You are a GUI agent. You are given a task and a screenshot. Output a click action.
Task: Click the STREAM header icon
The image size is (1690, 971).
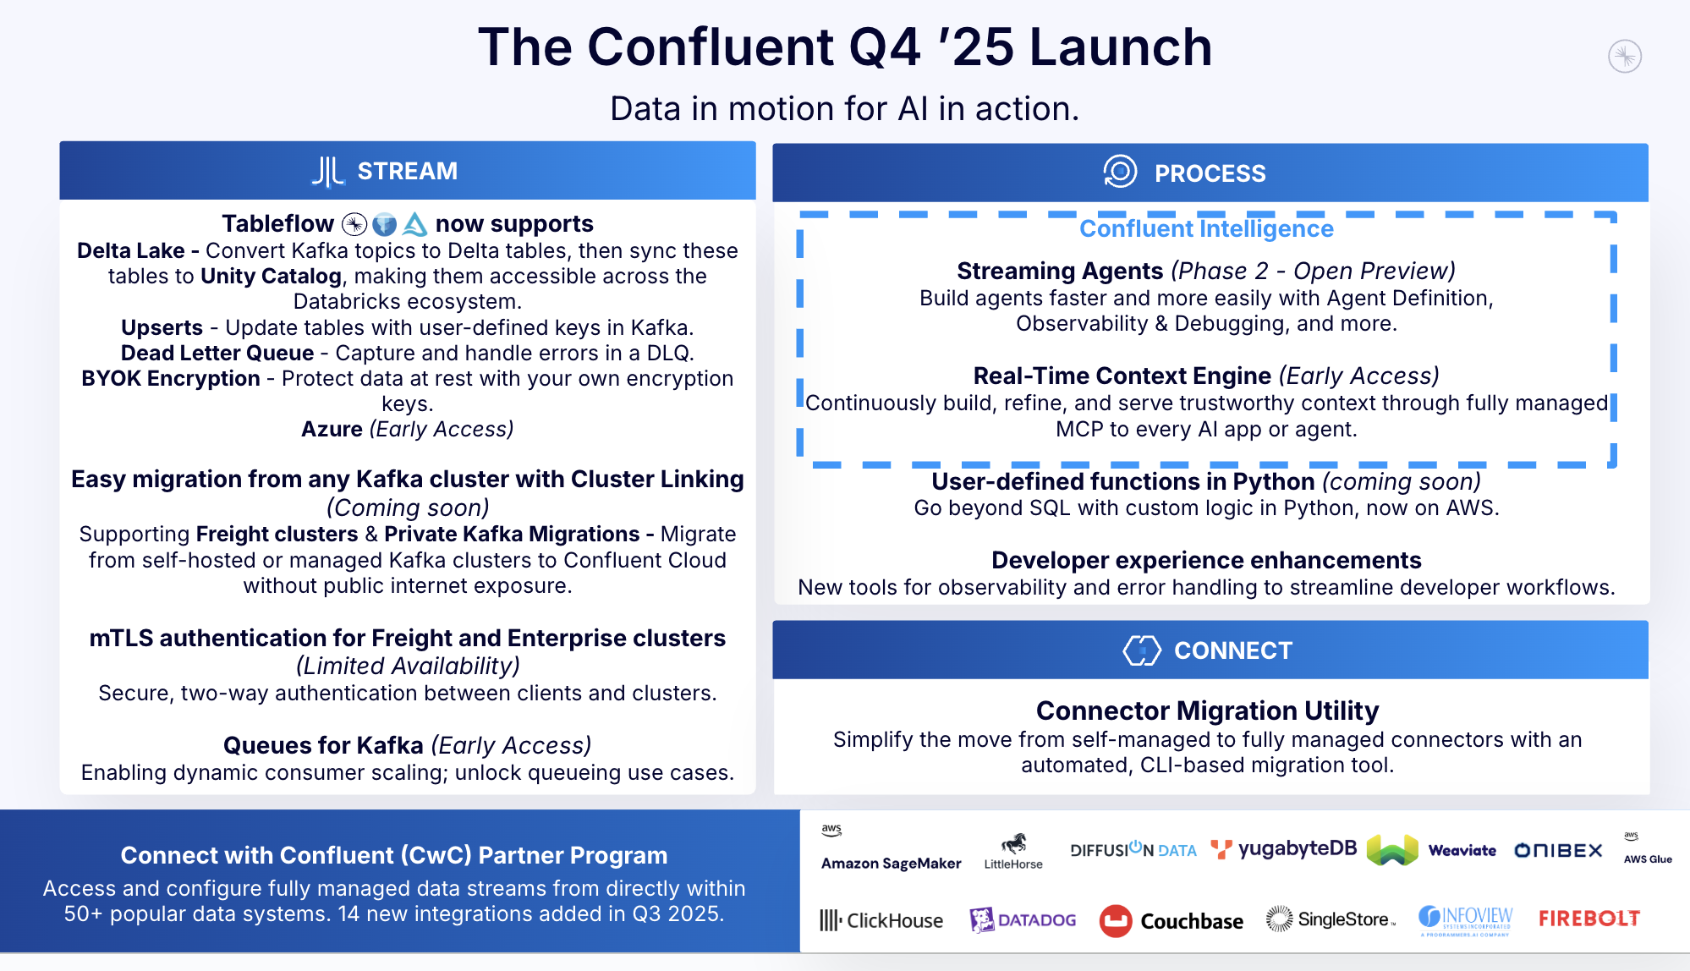pyautogui.click(x=327, y=171)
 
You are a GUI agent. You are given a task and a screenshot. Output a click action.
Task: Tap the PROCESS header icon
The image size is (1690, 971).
pyautogui.click(x=1120, y=172)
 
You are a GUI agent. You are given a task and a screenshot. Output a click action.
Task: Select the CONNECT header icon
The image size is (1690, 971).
pyautogui.click(x=1141, y=650)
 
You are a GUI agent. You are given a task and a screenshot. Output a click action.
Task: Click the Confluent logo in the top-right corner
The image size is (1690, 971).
pyautogui.click(x=1624, y=57)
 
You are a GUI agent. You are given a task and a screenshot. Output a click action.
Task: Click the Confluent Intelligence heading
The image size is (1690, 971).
pyautogui.click(x=1206, y=229)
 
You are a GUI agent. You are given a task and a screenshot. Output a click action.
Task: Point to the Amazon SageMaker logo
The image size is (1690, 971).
pyautogui.click(x=890, y=848)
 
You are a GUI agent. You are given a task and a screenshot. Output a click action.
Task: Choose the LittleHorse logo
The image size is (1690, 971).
pyautogui.click(x=1013, y=851)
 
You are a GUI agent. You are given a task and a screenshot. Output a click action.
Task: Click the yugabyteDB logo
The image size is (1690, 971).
pyautogui.click(x=1284, y=849)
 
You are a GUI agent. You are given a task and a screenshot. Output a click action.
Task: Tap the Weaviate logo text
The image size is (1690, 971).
pyautogui.click(x=1462, y=851)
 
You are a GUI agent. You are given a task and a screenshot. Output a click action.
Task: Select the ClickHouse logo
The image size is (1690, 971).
pyautogui.click(x=881, y=920)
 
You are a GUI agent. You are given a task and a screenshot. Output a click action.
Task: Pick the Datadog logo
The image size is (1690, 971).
pyautogui.click(x=1023, y=920)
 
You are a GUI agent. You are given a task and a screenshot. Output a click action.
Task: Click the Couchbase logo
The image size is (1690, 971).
pyautogui.click(x=1171, y=921)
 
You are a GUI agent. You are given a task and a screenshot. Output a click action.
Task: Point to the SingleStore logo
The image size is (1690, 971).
pyautogui.click(x=1330, y=919)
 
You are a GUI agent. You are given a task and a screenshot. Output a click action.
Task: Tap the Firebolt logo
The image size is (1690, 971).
pyautogui.click(x=1588, y=919)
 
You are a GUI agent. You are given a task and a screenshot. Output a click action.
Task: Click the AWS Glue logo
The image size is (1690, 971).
pyautogui.click(x=1647, y=849)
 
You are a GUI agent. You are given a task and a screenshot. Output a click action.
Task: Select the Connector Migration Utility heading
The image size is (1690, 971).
pyautogui.click(x=1207, y=710)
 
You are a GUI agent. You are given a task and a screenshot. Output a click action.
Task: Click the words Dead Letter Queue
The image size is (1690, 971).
pyautogui.click(x=217, y=354)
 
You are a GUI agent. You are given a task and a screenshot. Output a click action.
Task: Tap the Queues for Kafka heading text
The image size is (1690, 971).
pyautogui.click(x=323, y=746)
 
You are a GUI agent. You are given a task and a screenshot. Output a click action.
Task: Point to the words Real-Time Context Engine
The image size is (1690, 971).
pyautogui.click(x=1122, y=376)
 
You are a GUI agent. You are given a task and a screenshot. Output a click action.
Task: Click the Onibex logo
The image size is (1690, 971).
pyautogui.click(x=1558, y=851)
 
